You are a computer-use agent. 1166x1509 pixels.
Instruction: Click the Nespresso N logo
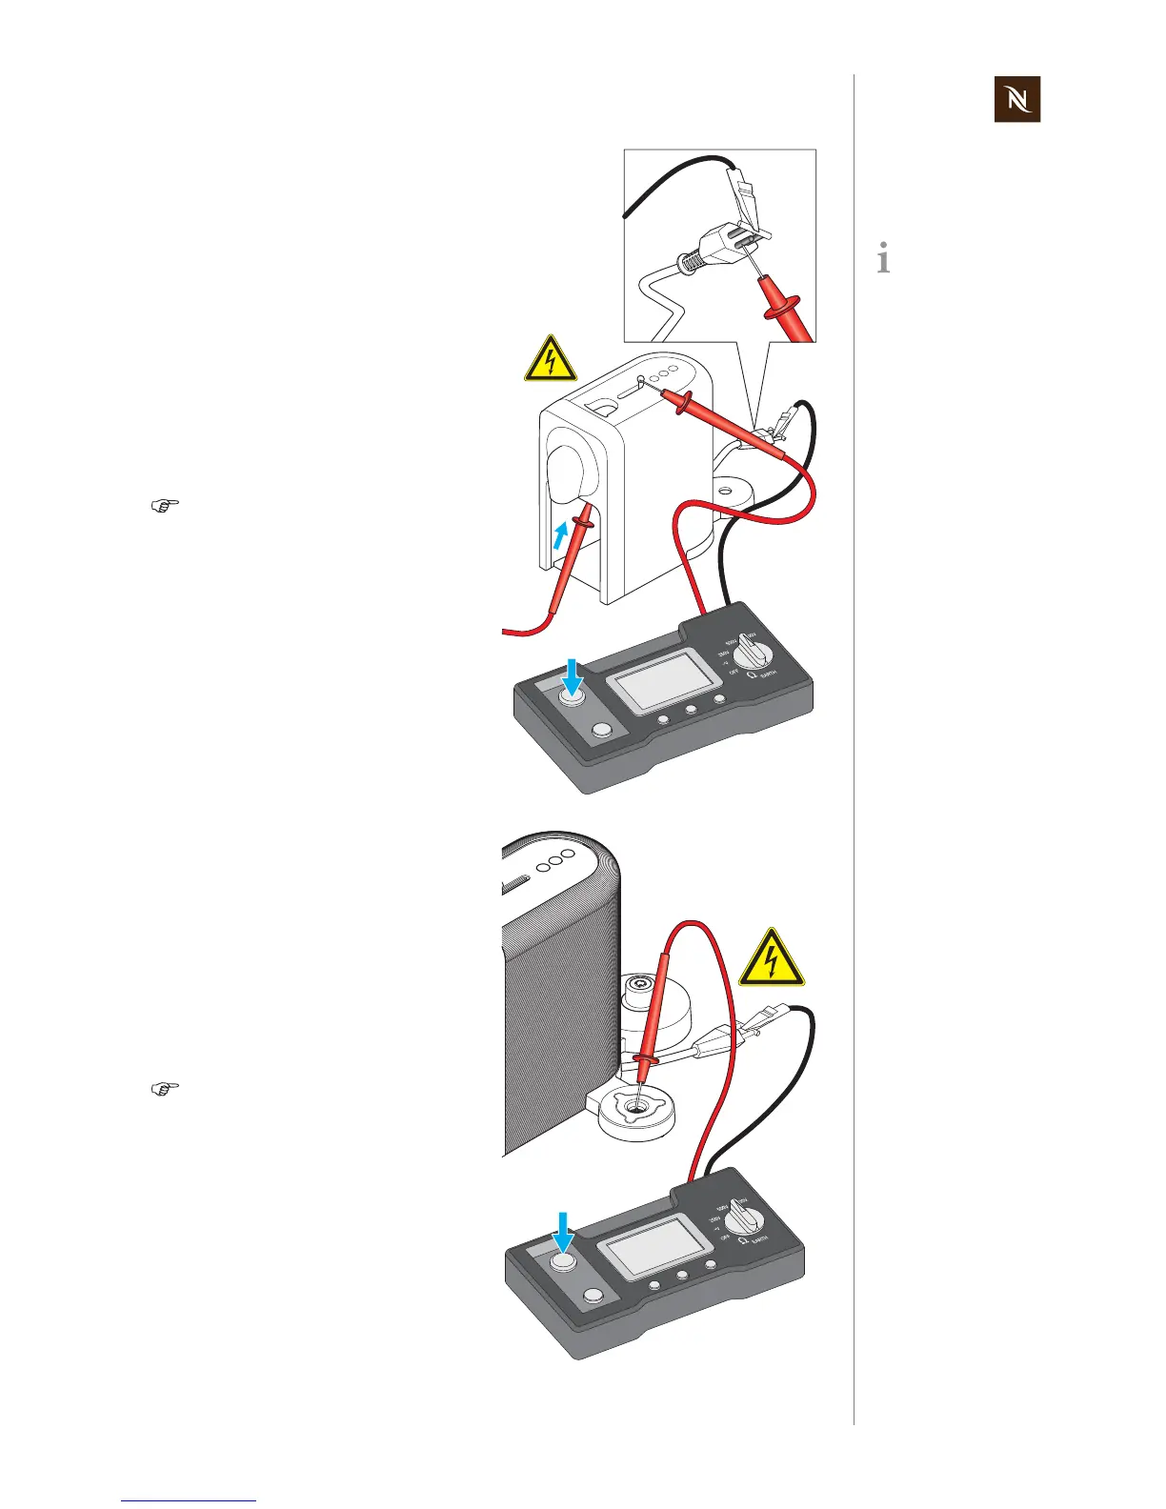[1016, 99]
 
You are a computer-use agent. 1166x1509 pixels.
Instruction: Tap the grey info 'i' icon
[884, 258]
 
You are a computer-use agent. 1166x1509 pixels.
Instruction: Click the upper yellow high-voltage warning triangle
[551, 360]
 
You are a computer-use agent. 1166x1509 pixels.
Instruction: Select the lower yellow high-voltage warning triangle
[772, 958]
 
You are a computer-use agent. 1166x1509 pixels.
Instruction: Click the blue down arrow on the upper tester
[572, 679]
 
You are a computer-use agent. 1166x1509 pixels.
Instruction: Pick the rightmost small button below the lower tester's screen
[710, 1265]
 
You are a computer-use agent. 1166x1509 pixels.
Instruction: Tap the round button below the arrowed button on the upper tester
[601, 731]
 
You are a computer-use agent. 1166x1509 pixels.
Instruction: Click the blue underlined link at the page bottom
[189, 1500]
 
